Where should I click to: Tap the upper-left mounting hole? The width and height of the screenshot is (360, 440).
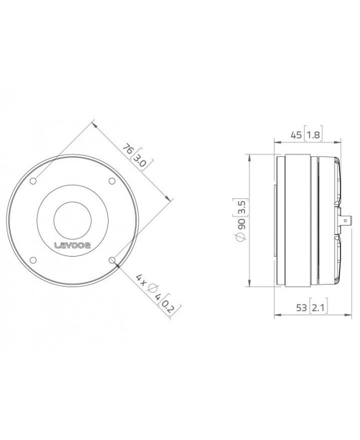tap(34, 181)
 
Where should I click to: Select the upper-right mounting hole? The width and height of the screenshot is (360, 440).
tap(111, 181)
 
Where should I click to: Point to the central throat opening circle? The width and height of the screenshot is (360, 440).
tap(73, 220)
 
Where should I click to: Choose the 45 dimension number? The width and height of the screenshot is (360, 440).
tap(297, 134)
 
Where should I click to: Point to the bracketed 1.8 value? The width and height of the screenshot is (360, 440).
tap(313, 134)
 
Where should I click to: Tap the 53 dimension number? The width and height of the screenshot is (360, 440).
tap(301, 308)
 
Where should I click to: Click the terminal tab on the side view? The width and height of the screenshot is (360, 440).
tap(345, 220)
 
